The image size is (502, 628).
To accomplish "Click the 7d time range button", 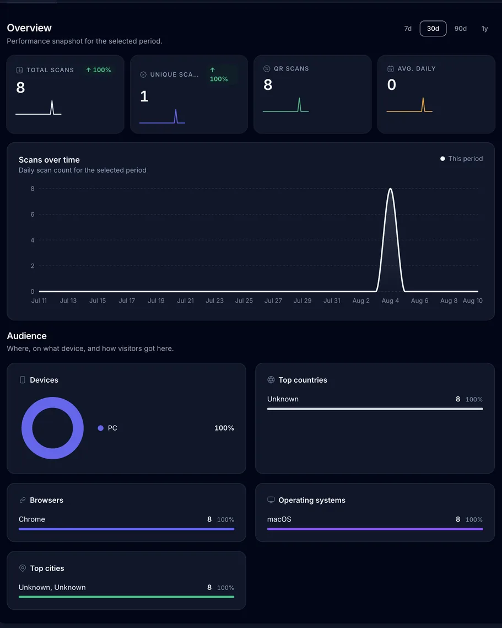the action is (408, 29).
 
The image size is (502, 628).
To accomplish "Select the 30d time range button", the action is (433, 29).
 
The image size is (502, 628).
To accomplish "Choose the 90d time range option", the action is (460, 29).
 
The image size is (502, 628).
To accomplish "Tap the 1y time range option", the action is (484, 29).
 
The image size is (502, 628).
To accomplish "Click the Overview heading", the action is (29, 28).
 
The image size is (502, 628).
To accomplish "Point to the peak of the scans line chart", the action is (390, 189).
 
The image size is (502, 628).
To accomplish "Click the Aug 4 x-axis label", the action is (390, 300).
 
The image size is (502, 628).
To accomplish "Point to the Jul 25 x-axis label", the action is (244, 300).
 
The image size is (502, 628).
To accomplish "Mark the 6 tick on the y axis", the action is (33, 214).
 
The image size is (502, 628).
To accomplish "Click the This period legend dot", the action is (442, 159).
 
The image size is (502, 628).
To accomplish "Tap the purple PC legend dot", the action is (100, 428).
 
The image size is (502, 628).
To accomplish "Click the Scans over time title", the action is (49, 160).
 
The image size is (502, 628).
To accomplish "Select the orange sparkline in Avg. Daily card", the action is (409, 105).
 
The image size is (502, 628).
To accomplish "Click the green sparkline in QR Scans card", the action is (285, 105).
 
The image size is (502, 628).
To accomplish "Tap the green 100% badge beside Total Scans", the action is (99, 69).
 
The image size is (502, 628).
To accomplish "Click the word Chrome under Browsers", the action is (31, 519).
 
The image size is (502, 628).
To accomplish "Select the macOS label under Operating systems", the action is (279, 519).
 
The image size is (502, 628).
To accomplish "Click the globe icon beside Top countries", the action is (271, 380).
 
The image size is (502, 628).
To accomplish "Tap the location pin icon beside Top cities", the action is (23, 568).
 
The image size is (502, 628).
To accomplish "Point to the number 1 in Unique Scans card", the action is (144, 96).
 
